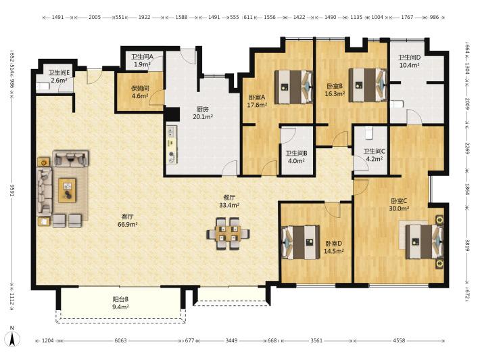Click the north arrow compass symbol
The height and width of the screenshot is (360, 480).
click(13, 337)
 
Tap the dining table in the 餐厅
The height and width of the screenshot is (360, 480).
click(228, 233)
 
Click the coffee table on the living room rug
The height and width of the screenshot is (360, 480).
click(68, 190)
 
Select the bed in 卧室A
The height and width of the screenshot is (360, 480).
click(293, 87)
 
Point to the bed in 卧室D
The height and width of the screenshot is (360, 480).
click(301, 242)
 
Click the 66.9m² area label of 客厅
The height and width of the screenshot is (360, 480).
click(127, 224)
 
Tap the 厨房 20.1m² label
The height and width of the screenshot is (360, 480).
click(203, 113)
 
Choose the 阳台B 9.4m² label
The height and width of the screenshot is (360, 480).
click(120, 302)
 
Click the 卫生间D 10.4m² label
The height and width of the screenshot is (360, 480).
click(409, 61)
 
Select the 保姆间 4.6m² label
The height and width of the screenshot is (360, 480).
click(140, 92)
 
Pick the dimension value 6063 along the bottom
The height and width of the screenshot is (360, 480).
click(120, 340)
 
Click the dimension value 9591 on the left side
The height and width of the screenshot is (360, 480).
click(13, 191)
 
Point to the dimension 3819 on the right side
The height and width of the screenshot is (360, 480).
click(467, 245)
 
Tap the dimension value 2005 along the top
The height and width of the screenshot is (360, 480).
click(95, 17)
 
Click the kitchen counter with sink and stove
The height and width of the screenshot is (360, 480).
click(172, 144)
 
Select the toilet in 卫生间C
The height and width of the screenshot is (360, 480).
click(368, 133)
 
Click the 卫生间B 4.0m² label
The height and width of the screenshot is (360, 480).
click(296, 157)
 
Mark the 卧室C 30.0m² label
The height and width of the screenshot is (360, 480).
click(399, 204)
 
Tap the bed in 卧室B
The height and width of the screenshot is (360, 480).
click(368, 85)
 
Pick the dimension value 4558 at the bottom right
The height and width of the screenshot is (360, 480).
click(399, 340)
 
